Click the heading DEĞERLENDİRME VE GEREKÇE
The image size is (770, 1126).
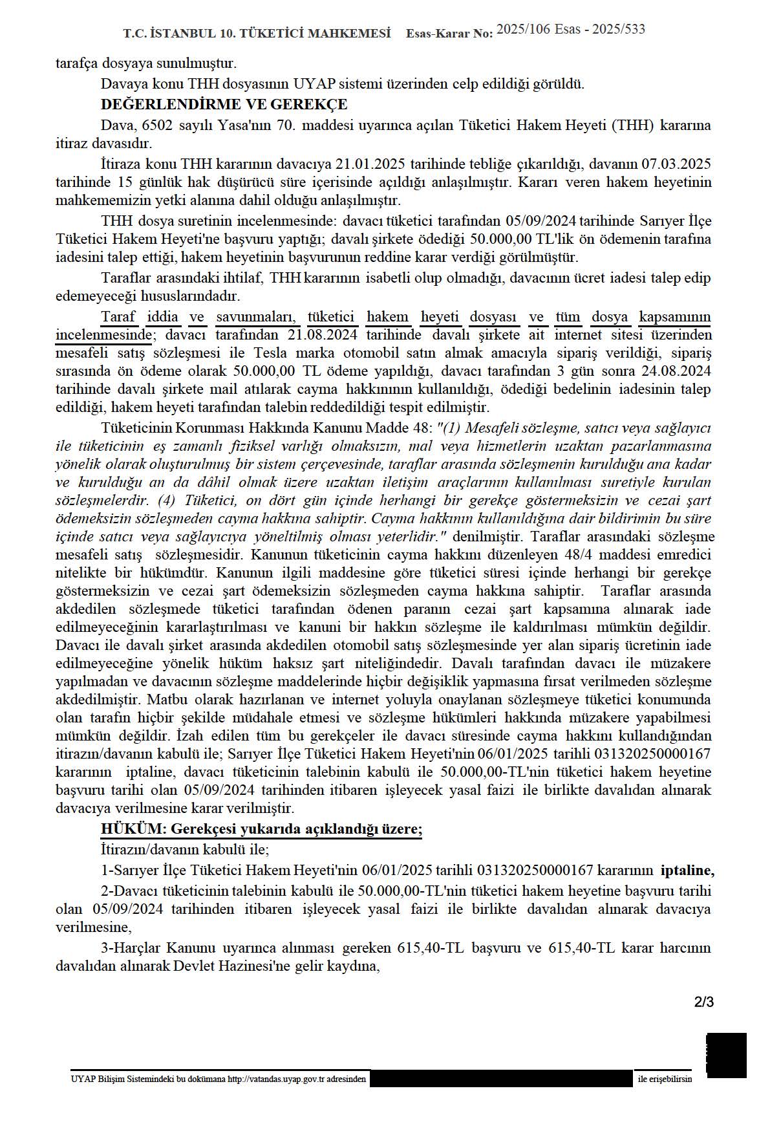point(224,104)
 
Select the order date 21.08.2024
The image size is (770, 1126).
point(326,335)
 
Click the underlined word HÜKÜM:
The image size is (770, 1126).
point(128,829)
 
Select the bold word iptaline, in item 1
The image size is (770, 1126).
point(687,870)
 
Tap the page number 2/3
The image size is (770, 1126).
point(703,1003)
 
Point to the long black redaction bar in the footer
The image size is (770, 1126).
point(501,1079)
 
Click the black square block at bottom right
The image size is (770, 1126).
point(726,1055)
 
